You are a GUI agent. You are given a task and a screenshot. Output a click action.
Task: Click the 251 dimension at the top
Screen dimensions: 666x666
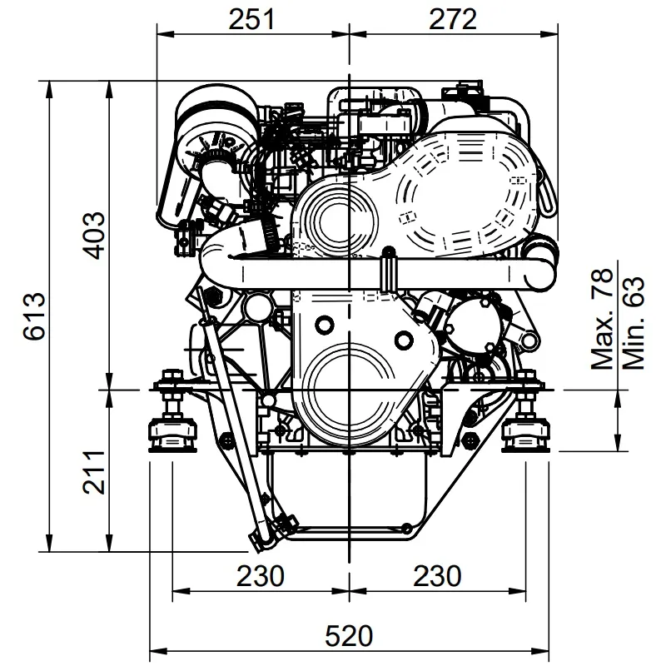click(252, 19)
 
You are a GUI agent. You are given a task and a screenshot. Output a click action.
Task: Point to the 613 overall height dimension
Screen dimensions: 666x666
click(34, 317)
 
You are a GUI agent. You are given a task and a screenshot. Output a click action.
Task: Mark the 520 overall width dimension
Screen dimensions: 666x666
click(347, 636)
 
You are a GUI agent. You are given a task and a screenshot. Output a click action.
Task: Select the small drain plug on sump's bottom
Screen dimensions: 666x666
click(405, 526)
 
